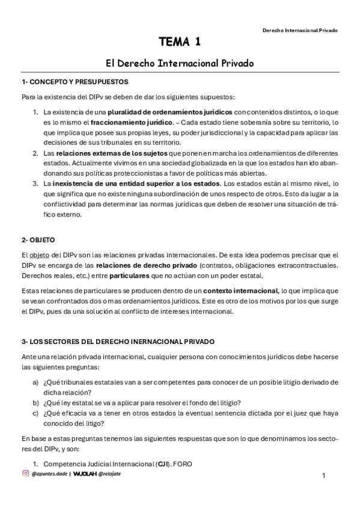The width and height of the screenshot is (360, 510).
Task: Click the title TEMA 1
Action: tap(180, 42)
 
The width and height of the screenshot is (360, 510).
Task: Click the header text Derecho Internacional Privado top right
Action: tap(300, 29)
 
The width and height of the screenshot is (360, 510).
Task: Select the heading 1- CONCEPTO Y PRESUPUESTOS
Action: tap(75, 82)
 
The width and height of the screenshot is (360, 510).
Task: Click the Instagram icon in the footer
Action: tap(25, 474)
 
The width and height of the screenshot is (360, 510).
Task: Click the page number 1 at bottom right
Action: tap(324, 476)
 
